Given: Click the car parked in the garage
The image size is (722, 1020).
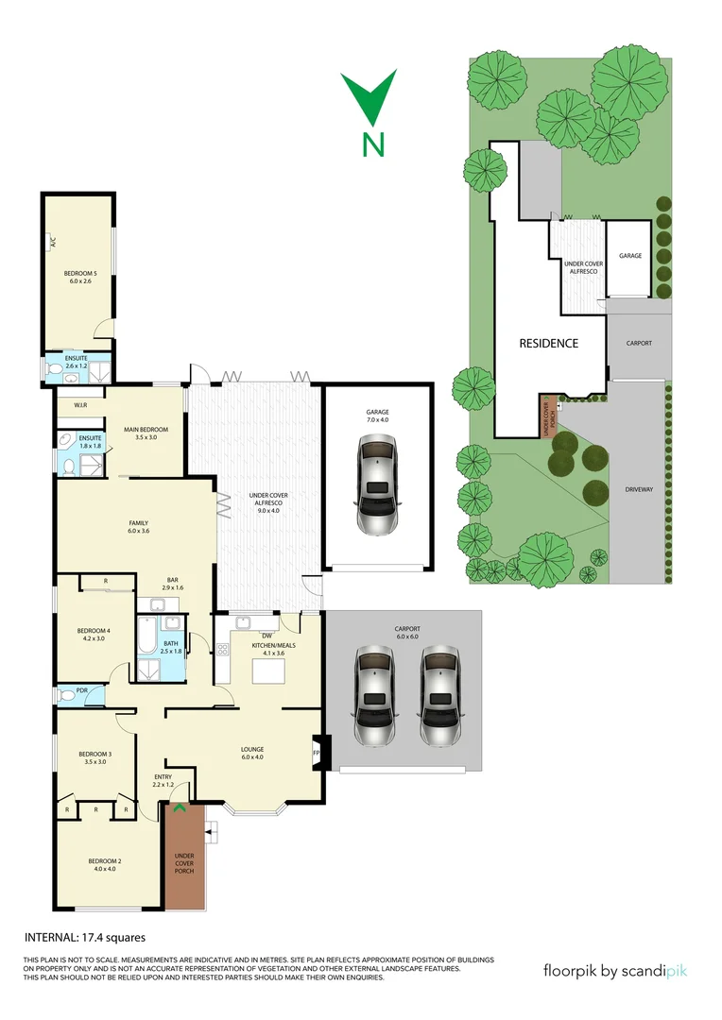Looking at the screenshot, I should tap(377, 485).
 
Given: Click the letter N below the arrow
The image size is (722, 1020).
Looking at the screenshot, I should tap(374, 144).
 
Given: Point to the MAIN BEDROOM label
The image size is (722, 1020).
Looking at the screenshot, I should tap(146, 432).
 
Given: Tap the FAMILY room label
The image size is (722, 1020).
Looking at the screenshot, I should tap(138, 522).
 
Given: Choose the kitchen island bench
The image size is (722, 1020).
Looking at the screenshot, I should tap(267, 671).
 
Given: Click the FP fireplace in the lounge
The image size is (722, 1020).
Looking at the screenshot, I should tap(318, 753).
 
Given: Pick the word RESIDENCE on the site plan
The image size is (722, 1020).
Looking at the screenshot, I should tap(548, 343).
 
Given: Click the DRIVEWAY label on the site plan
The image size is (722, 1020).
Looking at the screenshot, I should tap(639, 490).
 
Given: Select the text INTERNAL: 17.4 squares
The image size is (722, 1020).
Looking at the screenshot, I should tap(84, 938).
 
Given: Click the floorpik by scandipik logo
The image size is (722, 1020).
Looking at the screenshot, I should tap(622, 970).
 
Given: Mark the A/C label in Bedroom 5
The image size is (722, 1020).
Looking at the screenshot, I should tap(53, 243).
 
